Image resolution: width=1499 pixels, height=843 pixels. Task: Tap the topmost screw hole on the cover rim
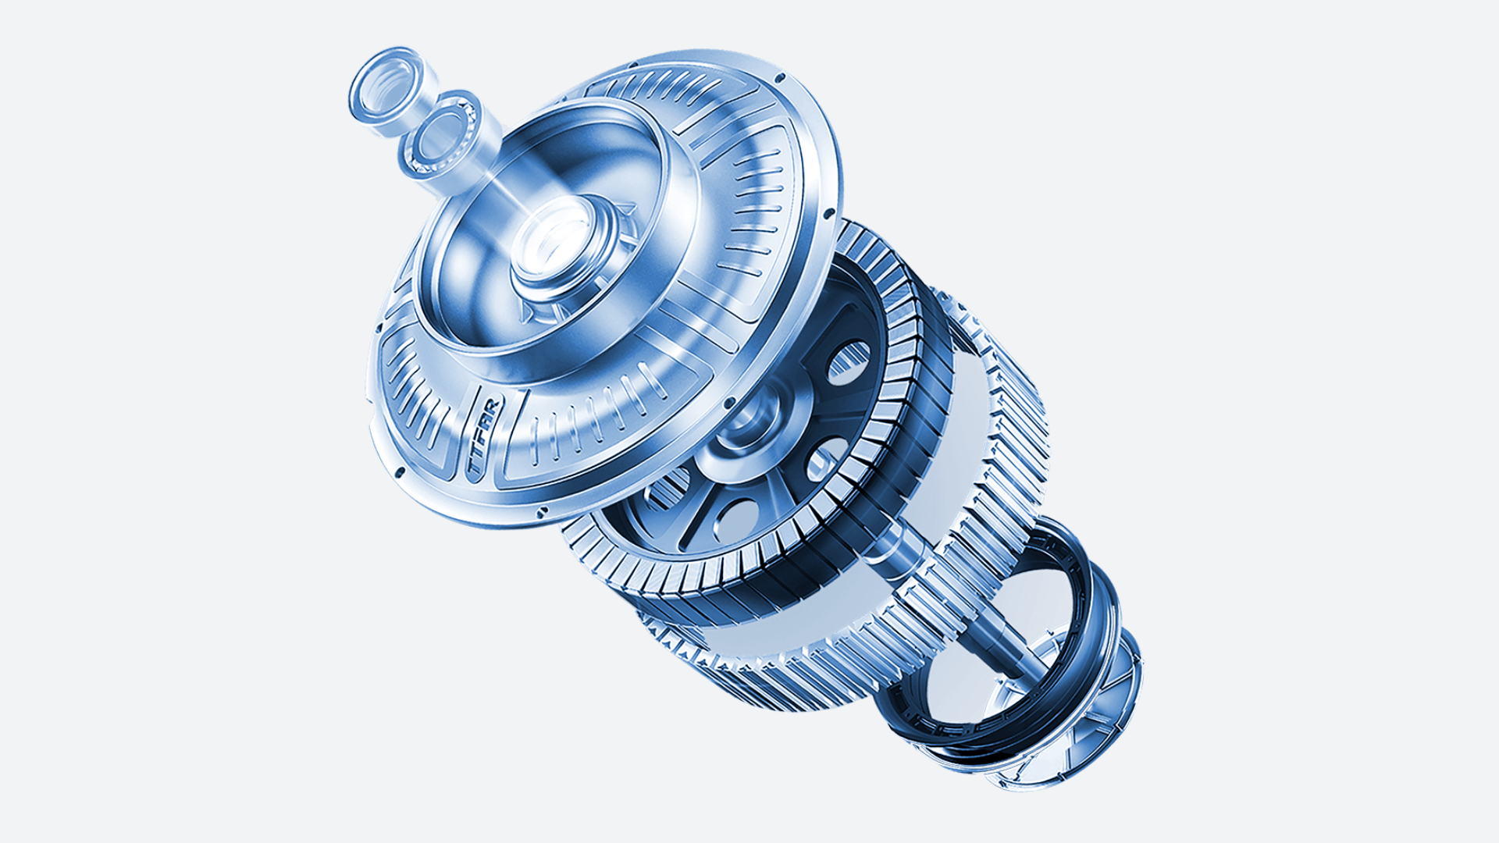click(780, 77)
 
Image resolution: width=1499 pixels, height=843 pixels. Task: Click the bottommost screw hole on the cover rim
click(539, 512)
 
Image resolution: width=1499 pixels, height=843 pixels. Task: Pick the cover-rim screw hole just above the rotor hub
click(729, 403)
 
